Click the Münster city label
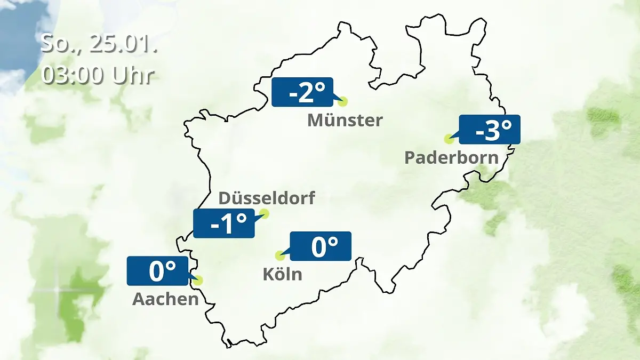click(x=345, y=120)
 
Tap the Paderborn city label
click(x=452, y=158)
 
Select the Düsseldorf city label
click(x=267, y=198)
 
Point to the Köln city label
click(x=282, y=274)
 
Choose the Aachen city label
click(x=165, y=299)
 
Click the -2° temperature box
click(x=302, y=92)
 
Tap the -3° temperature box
click(x=489, y=130)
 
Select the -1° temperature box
click(x=224, y=223)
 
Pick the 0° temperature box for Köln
click(x=321, y=246)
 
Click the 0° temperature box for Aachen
click(x=158, y=271)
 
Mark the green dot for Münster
click(x=342, y=101)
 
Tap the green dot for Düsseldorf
click(x=264, y=214)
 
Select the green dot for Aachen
click(x=199, y=280)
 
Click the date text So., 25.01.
click(x=99, y=44)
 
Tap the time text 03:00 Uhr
click(x=98, y=76)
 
